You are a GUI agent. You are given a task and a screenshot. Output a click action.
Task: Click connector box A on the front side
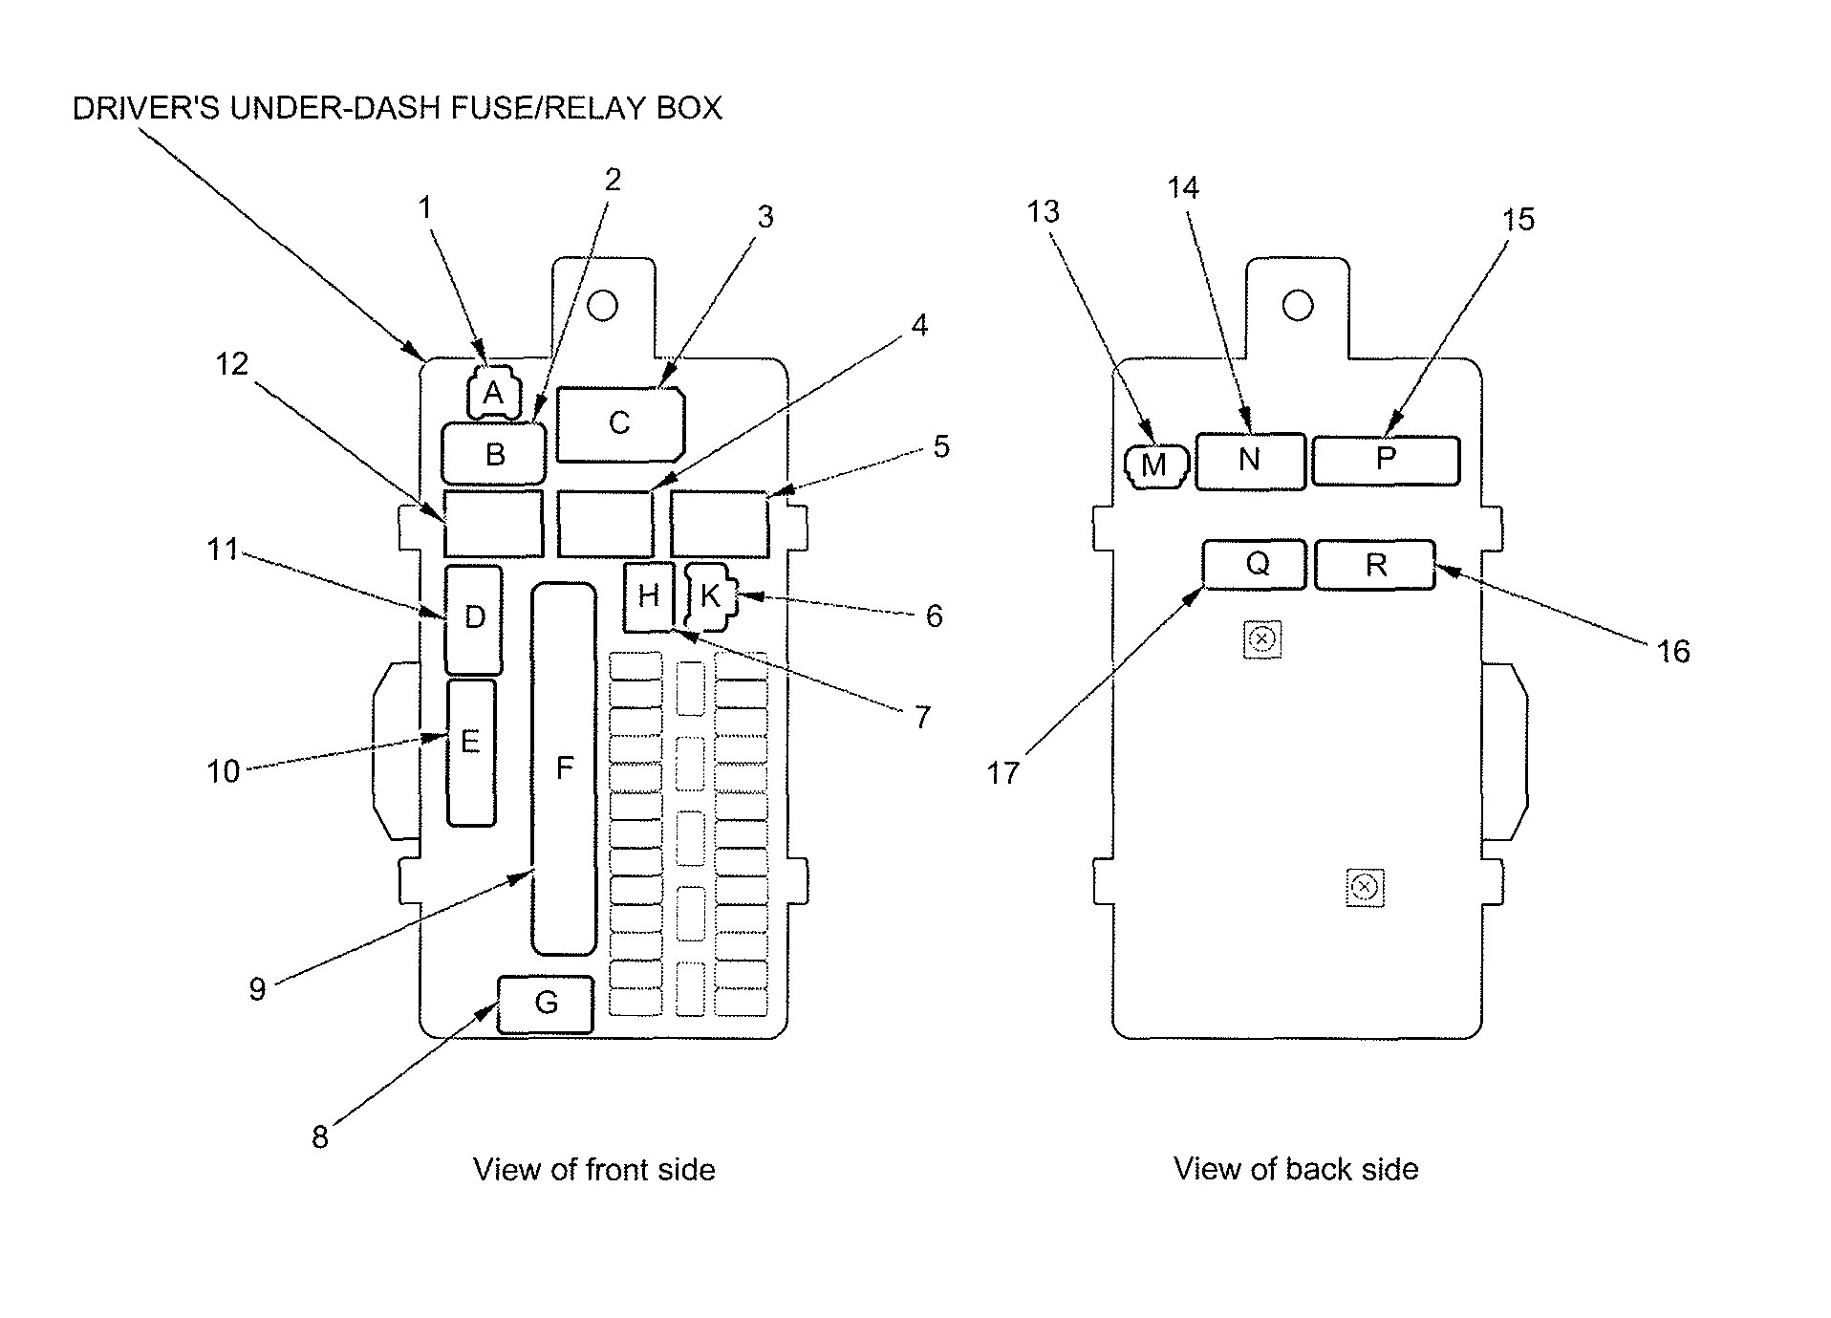point(493,393)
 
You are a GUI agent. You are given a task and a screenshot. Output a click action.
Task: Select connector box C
point(619,422)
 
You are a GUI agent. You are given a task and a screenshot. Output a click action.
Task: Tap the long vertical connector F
point(564,767)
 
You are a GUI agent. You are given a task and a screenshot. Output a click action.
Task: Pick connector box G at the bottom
point(546,1004)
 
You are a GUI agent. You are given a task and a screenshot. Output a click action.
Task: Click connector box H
point(649,597)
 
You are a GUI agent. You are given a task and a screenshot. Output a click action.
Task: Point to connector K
point(711,597)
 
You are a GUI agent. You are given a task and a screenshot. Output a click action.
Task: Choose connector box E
point(471,751)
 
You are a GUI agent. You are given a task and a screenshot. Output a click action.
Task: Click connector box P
point(1385,460)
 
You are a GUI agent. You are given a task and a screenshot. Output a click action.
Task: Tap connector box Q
point(1254,564)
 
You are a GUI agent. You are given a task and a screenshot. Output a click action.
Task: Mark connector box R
point(1374,565)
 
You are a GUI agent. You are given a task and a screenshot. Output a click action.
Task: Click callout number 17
point(1003,772)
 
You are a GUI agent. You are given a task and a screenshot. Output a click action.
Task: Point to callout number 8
point(320,1136)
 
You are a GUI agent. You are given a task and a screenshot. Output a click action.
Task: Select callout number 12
point(231,363)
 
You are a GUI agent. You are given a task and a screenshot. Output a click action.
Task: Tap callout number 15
point(1518,219)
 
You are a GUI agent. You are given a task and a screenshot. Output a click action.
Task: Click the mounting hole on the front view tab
point(603,306)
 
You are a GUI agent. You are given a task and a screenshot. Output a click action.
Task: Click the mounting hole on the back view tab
point(1298,306)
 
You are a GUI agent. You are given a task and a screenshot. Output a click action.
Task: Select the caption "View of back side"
point(1296,1169)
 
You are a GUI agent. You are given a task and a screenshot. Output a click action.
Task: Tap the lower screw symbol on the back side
point(1365,887)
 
